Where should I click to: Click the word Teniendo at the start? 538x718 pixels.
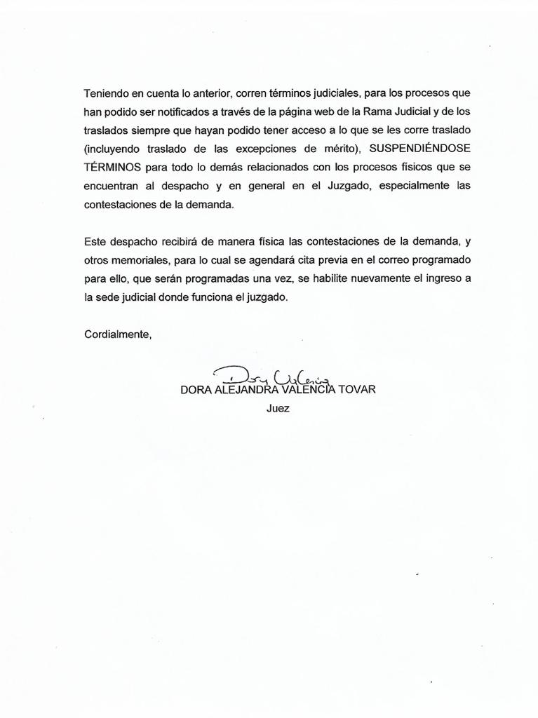coord(106,93)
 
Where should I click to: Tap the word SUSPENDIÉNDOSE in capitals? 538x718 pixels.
coord(419,149)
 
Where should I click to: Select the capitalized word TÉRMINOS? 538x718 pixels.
coord(112,168)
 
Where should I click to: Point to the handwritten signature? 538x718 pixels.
coord(274,377)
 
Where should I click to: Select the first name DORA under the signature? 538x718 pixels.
coord(195,390)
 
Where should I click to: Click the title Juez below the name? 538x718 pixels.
coord(278,408)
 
